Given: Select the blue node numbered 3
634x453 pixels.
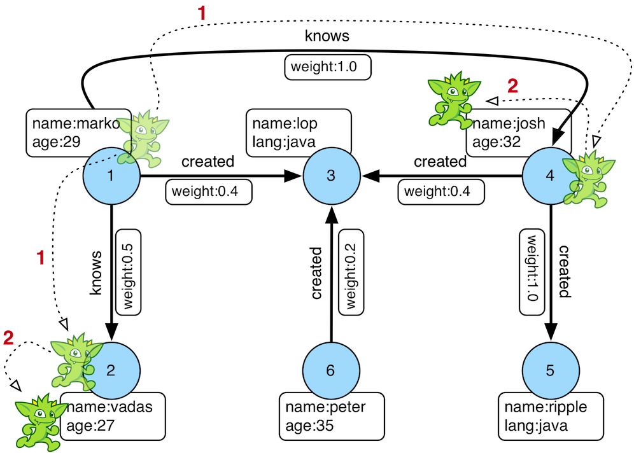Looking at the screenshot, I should pos(330,176).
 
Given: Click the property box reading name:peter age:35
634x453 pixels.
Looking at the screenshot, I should pos(325,416).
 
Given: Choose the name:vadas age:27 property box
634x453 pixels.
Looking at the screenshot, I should pos(113,416).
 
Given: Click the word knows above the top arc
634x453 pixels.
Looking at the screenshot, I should pos(327,36).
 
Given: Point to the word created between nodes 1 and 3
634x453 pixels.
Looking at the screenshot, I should pos(208,162).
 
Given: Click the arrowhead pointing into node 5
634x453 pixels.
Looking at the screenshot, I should pos(550,333).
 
